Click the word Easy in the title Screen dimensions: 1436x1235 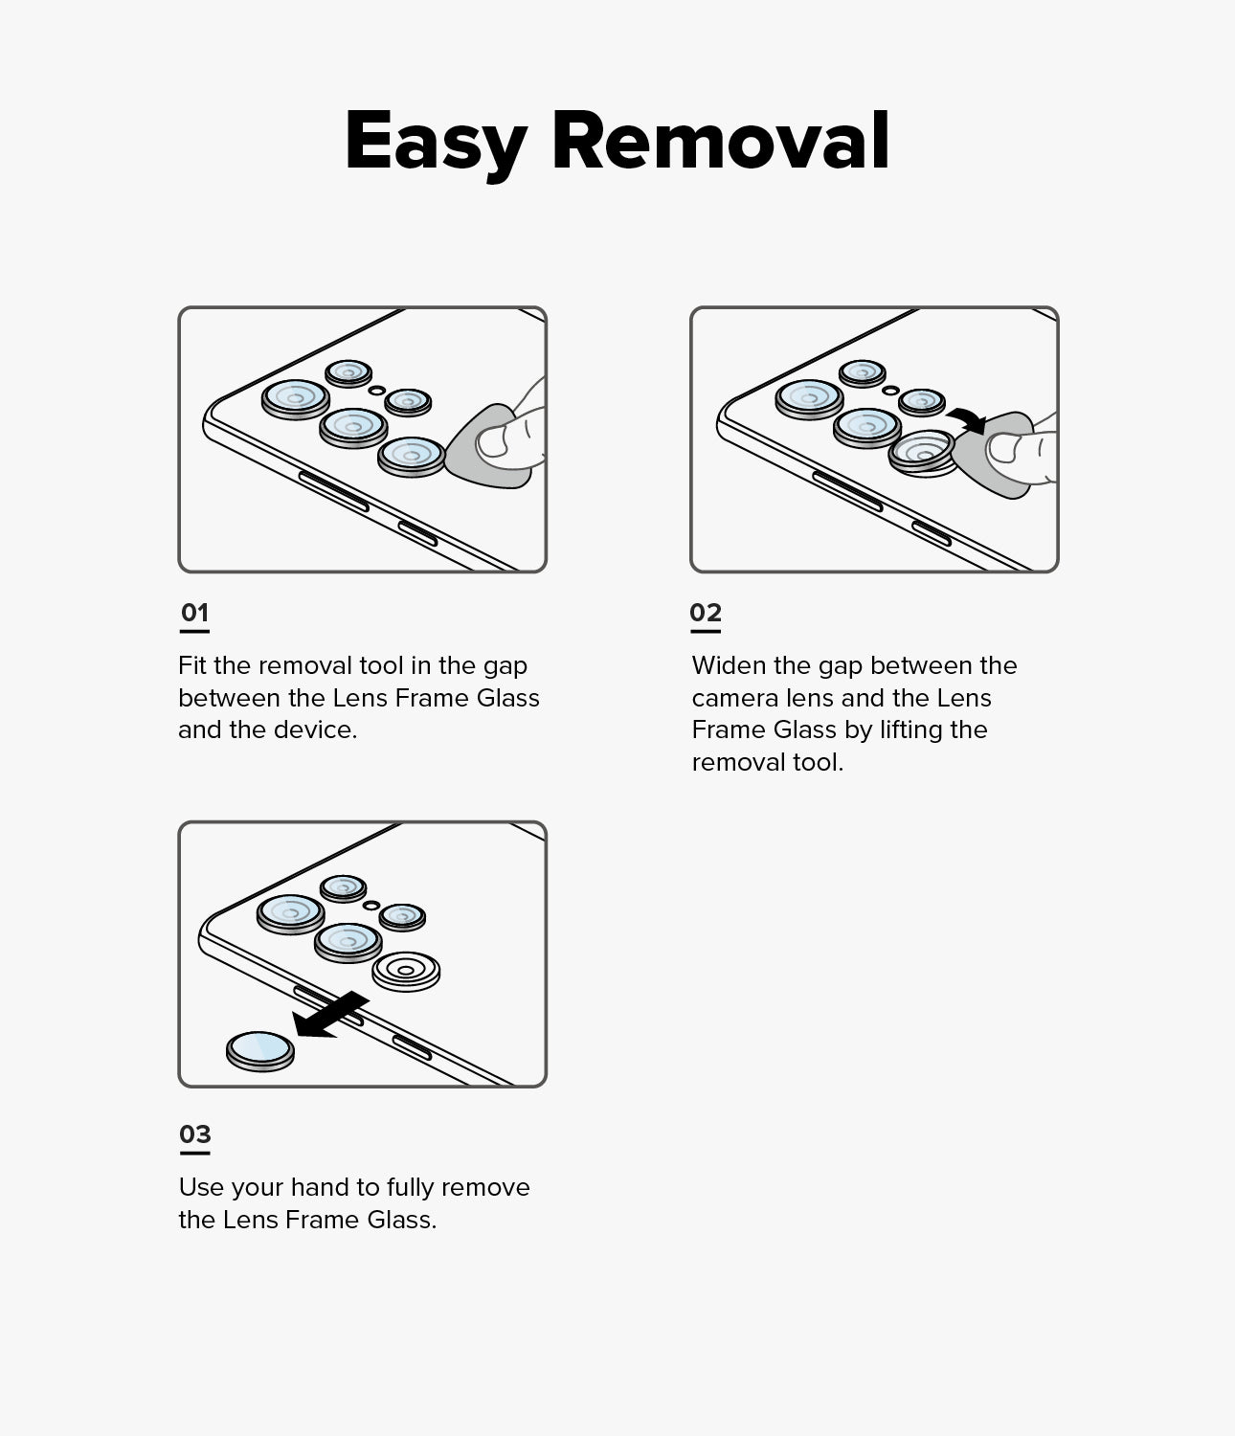[x=436, y=142]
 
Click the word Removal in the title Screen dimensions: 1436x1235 [x=721, y=141]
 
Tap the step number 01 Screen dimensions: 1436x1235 [x=194, y=613]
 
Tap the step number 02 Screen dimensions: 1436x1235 [x=706, y=613]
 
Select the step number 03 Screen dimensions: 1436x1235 [x=194, y=1134]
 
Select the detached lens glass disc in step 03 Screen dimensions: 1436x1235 [x=260, y=1051]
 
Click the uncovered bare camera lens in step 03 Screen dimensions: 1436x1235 [x=406, y=971]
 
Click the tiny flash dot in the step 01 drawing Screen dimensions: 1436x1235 [x=377, y=390]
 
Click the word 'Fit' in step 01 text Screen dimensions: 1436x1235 [x=191, y=665]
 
